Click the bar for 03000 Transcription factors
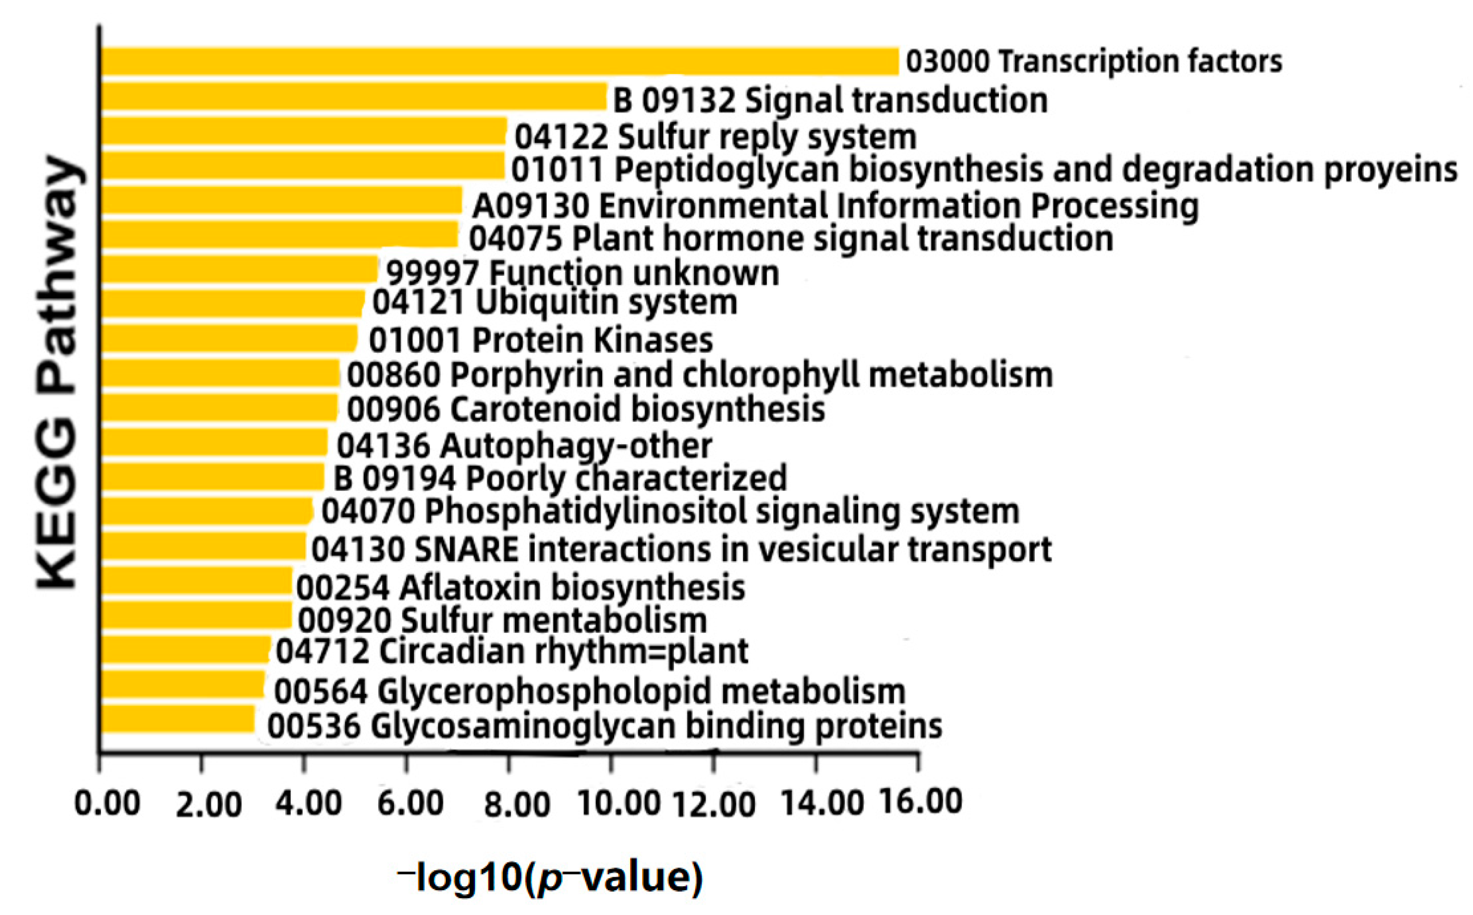click(x=499, y=62)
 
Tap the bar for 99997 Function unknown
click(x=239, y=270)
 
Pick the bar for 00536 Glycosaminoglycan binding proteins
click(x=177, y=719)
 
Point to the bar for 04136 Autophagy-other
click(x=214, y=442)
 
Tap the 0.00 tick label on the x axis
click(x=107, y=804)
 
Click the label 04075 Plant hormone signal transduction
click(x=791, y=239)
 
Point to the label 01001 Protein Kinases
click(x=540, y=339)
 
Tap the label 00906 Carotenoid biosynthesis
click(x=585, y=409)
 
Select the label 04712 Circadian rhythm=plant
click(x=512, y=651)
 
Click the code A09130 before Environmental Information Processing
click(x=531, y=206)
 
